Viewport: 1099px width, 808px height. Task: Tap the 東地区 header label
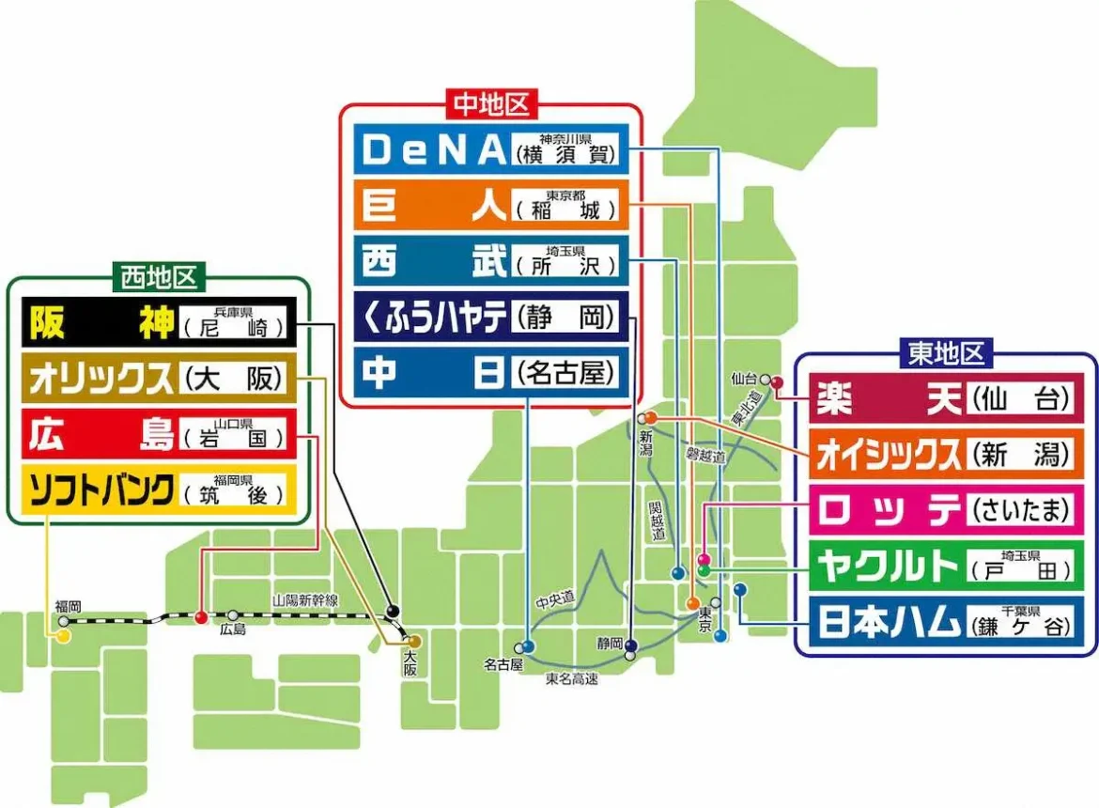[x=945, y=353]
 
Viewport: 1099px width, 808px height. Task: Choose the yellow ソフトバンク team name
[x=100, y=490]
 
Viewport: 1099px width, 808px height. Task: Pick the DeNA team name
[x=433, y=150]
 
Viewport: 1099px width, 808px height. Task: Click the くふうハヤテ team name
[x=433, y=319]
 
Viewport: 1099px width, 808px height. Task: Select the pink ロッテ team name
[x=889, y=510]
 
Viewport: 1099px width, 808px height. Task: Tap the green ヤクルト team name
[x=889, y=566]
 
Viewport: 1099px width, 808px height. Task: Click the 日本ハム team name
[x=889, y=621]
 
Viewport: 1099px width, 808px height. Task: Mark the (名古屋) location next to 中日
[x=566, y=374]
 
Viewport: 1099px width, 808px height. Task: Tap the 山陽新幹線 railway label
[x=305, y=599]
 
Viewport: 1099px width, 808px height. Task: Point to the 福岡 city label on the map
[x=68, y=607]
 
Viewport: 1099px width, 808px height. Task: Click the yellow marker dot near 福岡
[x=63, y=637]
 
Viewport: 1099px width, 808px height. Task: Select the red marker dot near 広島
[x=200, y=617]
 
